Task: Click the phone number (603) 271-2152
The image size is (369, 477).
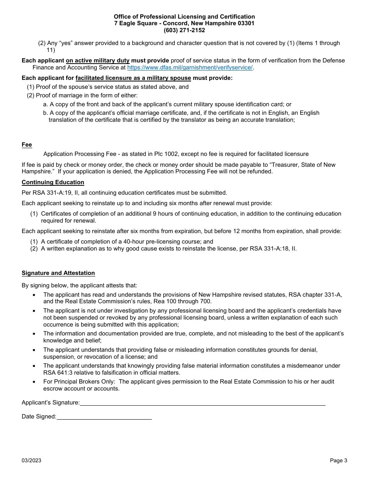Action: (x=184, y=30)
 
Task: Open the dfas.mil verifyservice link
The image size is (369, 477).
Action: (x=190, y=67)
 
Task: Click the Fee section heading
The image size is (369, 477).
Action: (x=27, y=145)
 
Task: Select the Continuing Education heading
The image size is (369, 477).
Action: (x=53, y=182)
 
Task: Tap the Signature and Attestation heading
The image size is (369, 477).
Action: (x=58, y=273)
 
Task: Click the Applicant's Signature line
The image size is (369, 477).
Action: (x=202, y=403)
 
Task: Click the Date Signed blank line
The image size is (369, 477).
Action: (x=104, y=417)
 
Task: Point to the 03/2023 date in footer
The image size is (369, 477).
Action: (x=31, y=461)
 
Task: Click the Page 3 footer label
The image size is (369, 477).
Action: (x=338, y=461)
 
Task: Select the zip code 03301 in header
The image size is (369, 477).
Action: (x=246, y=23)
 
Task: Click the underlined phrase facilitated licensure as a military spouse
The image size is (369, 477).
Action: (x=133, y=78)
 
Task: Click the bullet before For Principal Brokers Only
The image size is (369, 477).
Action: (x=35, y=382)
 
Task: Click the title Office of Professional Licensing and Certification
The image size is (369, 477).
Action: (x=184, y=17)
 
